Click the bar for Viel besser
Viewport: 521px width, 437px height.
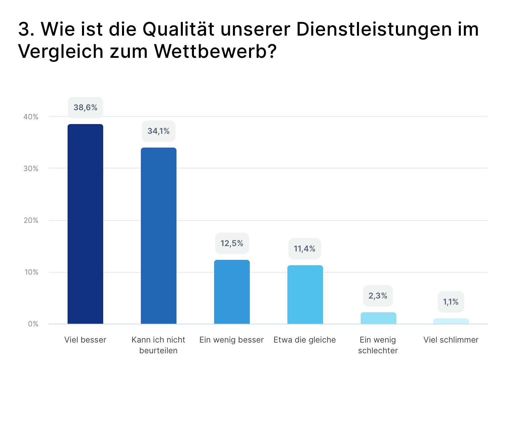(85, 224)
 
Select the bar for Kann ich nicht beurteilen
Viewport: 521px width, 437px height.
(159, 236)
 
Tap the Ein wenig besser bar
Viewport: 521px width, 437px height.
(232, 292)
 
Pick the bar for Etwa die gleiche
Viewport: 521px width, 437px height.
(305, 294)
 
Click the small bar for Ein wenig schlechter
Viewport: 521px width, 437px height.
(378, 318)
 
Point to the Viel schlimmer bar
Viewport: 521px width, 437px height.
(451, 321)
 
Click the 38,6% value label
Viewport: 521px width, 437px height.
(85, 108)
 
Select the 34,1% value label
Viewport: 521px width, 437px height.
(159, 131)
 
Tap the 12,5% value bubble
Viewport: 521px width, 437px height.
(232, 243)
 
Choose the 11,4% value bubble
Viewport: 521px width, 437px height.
(305, 249)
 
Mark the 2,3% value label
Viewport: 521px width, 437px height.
(378, 296)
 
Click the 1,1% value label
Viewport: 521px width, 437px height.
(451, 302)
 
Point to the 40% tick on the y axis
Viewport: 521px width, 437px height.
(31, 117)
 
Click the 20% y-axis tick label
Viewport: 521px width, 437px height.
(31, 221)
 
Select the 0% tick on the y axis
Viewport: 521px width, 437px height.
(33, 324)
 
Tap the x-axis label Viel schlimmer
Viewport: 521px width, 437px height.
(451, 340)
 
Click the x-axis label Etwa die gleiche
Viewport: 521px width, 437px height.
(305, 340)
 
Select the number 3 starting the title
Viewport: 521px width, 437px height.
(25, 29)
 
